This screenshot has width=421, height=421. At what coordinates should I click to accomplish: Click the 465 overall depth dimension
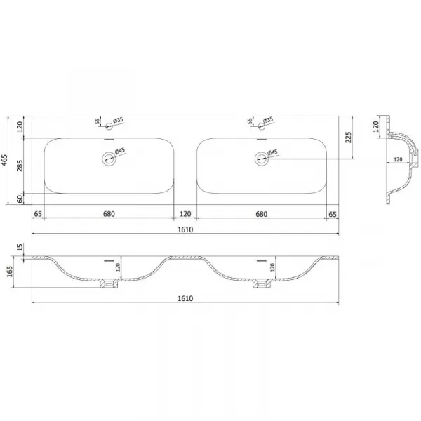point(5,160)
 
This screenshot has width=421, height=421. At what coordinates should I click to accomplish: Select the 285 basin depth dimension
point(20,166)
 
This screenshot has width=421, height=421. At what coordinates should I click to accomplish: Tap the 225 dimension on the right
point(348,138)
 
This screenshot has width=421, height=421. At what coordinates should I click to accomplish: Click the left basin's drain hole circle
point(109,159)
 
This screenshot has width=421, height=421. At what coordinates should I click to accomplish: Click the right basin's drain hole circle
point(261,159)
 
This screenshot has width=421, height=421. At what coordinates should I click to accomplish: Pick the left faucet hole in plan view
point(109,126)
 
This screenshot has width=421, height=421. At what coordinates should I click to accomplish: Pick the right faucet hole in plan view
point(261,126)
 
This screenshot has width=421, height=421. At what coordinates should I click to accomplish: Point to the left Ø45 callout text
point(120,151)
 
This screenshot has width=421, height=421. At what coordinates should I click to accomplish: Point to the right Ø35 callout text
point(268,120)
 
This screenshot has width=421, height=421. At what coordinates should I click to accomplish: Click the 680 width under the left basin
point(109,214)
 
